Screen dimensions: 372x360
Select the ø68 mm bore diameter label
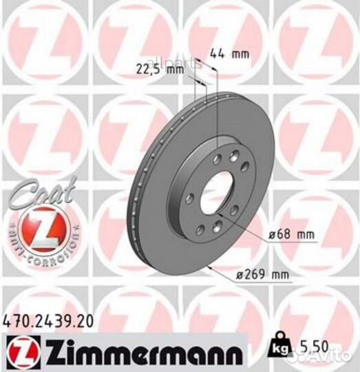293,236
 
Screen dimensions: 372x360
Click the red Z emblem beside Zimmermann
19,353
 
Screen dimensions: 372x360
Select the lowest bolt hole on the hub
216,230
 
